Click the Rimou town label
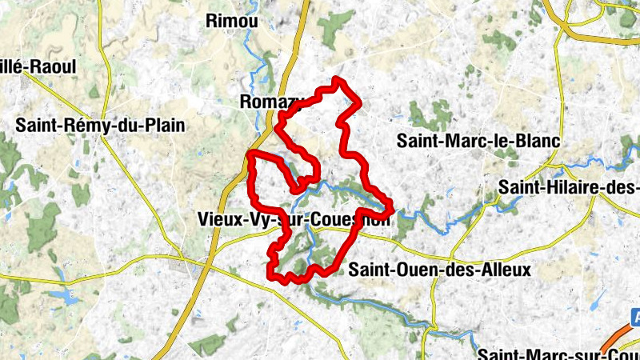coord(232,22)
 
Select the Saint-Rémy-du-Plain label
coord(100,126)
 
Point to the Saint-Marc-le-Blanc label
coord(478,141)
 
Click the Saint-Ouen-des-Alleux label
coord(439,270)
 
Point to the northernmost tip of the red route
coord(337,79)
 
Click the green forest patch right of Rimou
coord(336,28)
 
